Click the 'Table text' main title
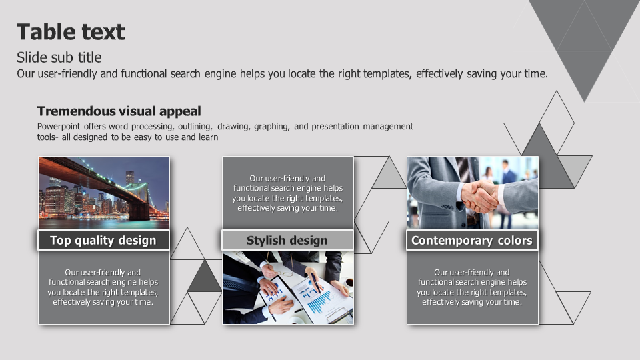(x=71, y=32)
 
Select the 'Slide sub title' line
(x=59, y=57)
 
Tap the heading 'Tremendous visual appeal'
(x=119, y=111)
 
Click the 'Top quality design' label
(x=103, y=241)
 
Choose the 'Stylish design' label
(x=287, y=241)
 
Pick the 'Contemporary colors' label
(x=472, y=241)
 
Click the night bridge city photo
(x=104, y=193)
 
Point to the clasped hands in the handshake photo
(x=481, y=196)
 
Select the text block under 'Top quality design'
(x=103, y=287)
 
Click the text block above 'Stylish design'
(x=287, y=193)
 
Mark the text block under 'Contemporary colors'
(x=472, y=287)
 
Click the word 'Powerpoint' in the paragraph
(x=59, y=127)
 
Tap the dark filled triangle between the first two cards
(x=204, y=276)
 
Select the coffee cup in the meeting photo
(x=348, y=283)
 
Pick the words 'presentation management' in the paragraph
(x=363, y=127)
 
